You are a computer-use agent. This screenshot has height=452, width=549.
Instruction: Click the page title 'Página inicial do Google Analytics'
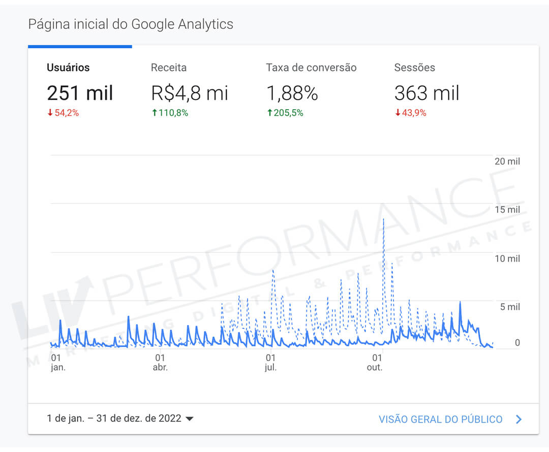point(131,24)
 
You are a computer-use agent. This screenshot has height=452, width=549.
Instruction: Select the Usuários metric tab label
point(68,68)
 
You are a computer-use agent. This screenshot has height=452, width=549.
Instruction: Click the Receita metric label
point(169,68)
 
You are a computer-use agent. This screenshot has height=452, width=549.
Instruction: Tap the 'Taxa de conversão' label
point(311,68)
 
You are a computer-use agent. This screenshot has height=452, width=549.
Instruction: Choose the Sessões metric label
point(414,68)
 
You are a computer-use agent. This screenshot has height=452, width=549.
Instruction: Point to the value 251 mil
point(80,93)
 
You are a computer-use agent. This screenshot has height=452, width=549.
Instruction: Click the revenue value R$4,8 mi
point(190,93)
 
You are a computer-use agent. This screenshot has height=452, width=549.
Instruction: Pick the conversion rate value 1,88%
point(292,93)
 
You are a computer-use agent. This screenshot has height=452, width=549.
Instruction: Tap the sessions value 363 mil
point(426,93)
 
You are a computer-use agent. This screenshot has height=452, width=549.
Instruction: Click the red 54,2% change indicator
point(64,113)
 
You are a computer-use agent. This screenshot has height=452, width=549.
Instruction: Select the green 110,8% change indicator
point(170,113)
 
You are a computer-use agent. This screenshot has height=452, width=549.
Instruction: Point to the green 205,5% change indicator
point(285,113)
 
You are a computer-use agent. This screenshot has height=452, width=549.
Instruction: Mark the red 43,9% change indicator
point(411,113)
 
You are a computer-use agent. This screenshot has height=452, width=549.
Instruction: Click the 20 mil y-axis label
point(507,162)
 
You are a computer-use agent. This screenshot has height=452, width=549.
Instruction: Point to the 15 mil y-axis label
point(507,210)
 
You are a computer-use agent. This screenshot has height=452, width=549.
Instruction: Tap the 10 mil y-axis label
point(507,259)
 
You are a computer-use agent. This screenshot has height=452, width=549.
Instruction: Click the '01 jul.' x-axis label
point(270,362)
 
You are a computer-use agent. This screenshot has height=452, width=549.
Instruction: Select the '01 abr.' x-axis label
point(160,362)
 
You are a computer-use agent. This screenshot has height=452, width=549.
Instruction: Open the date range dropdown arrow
point(190,419)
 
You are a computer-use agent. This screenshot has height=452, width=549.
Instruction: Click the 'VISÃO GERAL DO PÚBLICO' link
point(440,419)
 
